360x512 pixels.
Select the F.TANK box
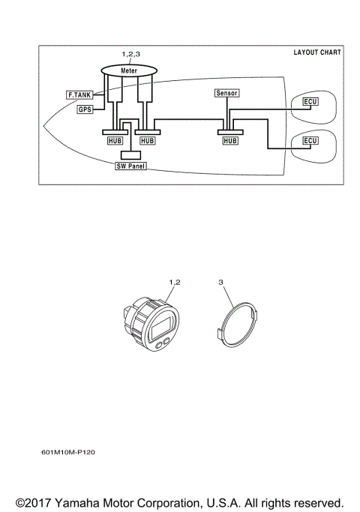click(x=79, y=95)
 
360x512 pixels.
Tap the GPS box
click(x=85, y=109)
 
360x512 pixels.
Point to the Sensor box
click(x=226, y=94)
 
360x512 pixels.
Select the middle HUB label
click(x=148, y=140)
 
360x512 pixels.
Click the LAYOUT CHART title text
click(x=316, y=53)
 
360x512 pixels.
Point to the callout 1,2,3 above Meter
click(x=130, y=55)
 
